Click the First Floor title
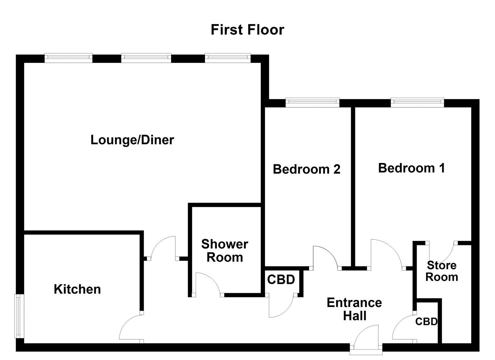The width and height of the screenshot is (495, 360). click(x=247, y=30)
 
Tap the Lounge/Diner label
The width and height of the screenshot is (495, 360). click(x=132, y=140)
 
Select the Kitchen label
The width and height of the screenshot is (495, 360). click(x=77, y=289)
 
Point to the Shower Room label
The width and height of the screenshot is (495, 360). click(x=225, y=251)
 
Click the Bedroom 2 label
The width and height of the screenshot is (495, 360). click(x=306, y=169)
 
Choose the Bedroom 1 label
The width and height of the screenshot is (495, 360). click(x=411, y=168)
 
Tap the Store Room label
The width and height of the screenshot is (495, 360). click(x=442, y=271)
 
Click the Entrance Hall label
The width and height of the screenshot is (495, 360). click(x=354, y=309)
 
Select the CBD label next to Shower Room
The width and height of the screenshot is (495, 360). click(x=281, y=280)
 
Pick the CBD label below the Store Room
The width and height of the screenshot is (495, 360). click(x=426, y=321)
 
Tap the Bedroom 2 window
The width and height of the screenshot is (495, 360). click(x=312, y=102)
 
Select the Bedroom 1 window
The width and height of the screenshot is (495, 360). click(x=417, y=102)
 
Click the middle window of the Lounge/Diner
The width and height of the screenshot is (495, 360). click(x=146, y=58)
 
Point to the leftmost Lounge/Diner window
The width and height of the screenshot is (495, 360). click(x=68, y=58)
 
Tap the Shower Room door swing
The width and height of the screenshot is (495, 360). click(x=207, y=284)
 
